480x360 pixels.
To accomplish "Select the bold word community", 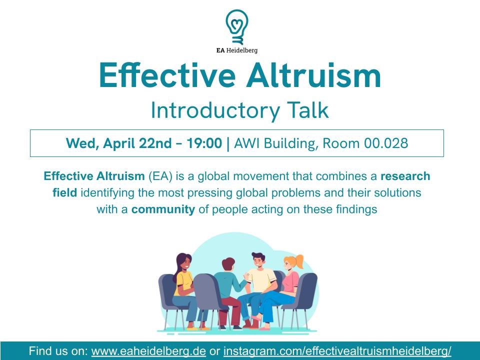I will pos(163,209).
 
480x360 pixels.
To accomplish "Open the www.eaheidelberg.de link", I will pos(148,351).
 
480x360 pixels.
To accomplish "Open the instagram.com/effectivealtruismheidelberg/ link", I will pos(337,351).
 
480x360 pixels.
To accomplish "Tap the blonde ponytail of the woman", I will pos(298,260).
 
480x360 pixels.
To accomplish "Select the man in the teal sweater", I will pos(230,290).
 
